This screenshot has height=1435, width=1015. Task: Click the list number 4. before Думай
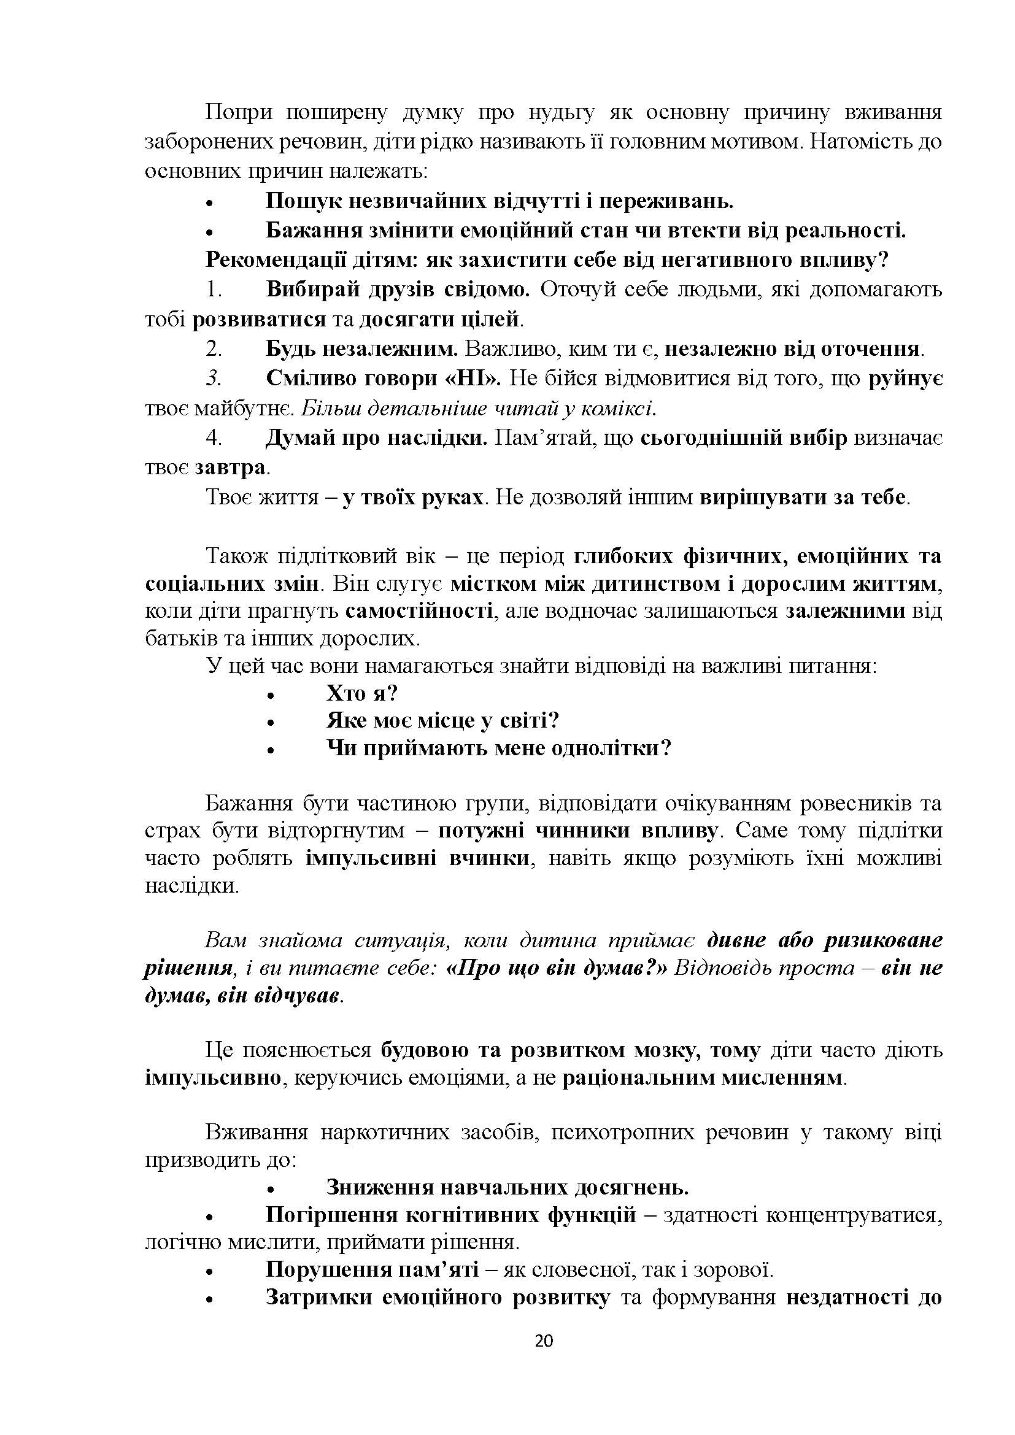pos(214,438)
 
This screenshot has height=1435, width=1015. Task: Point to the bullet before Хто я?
pos(271,695)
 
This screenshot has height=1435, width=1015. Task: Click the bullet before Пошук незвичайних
pos(210,203)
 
